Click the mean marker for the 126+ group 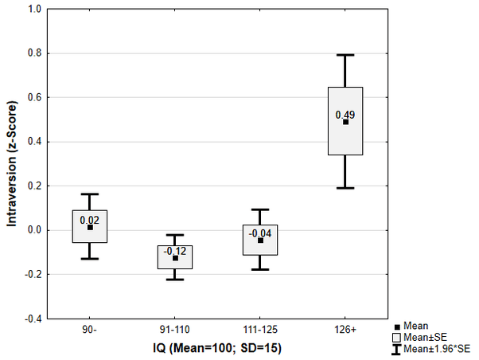pos(346,122)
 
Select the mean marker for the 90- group pos(90,227)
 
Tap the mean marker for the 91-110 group pos(175,258)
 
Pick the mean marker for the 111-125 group pos(260,240)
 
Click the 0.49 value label pos(345,115)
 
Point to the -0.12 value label pos(175,251)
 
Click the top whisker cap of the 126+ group pos(345,55)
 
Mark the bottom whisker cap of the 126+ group pos(345,188)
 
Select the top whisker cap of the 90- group pos(90,194)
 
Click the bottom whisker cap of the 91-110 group pos(175,280)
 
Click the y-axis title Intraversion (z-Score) pos(12,163)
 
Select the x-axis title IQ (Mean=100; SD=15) pos(217,348)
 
